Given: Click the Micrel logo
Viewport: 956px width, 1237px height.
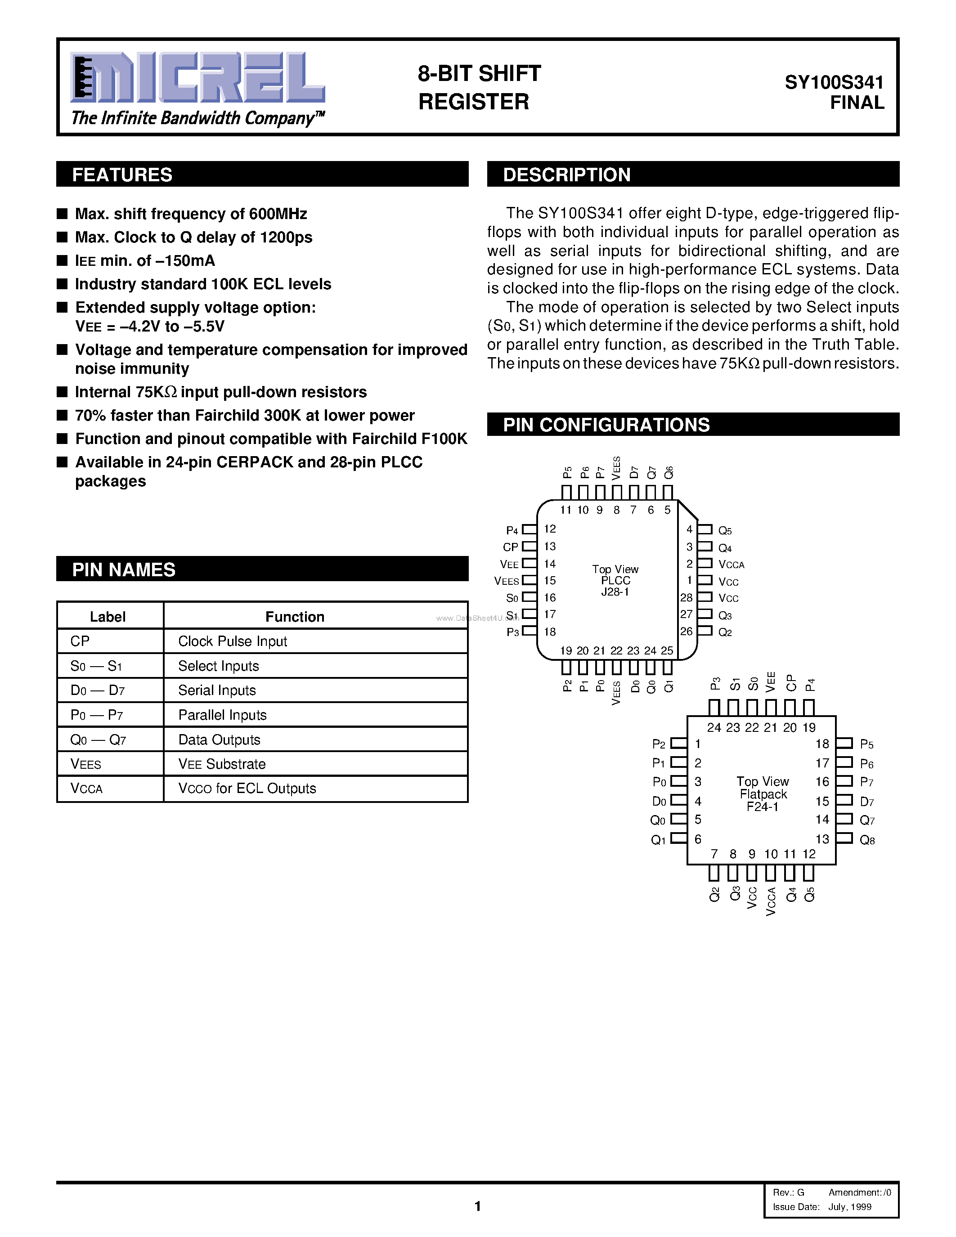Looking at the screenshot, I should tap(197, 78).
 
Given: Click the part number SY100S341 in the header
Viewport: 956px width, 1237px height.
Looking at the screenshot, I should tap(834, 83).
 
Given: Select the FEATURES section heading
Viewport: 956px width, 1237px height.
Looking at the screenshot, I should tap(122, 175).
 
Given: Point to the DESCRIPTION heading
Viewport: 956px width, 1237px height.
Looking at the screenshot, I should tap(566, 175).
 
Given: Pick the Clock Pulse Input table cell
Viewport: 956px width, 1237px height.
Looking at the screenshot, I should tap(233, 641).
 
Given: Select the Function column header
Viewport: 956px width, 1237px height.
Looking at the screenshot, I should tap(295, 617).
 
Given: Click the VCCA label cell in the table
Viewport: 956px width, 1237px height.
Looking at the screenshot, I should tap(87, 789).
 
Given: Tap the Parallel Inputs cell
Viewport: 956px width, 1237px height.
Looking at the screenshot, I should tap(223, 715).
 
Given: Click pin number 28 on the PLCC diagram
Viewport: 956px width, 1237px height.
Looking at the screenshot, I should tap(687, 597).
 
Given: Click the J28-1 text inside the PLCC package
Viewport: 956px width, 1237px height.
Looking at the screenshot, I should tap(615, 592).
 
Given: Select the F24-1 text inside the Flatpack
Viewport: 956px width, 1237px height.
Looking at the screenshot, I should tap(762, 807).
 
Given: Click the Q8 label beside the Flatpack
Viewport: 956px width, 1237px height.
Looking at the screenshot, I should tap(867, 841).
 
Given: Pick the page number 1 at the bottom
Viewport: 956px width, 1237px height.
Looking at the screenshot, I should tap(477, 1206).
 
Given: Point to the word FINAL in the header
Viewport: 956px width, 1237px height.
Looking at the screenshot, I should tap(857, 103).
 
